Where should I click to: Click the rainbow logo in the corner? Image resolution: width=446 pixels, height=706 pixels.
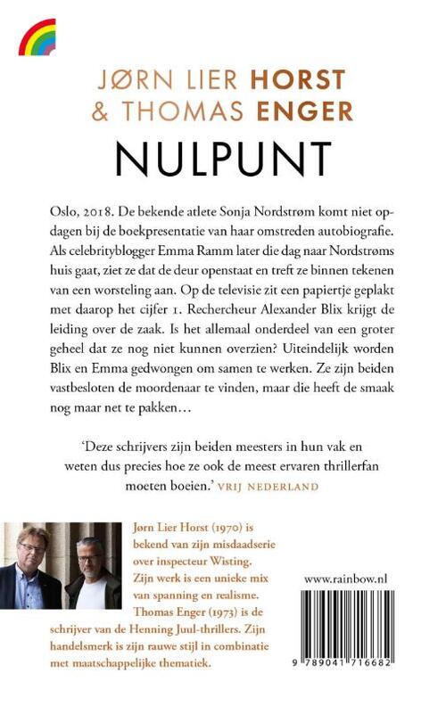[x=37, y=38]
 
